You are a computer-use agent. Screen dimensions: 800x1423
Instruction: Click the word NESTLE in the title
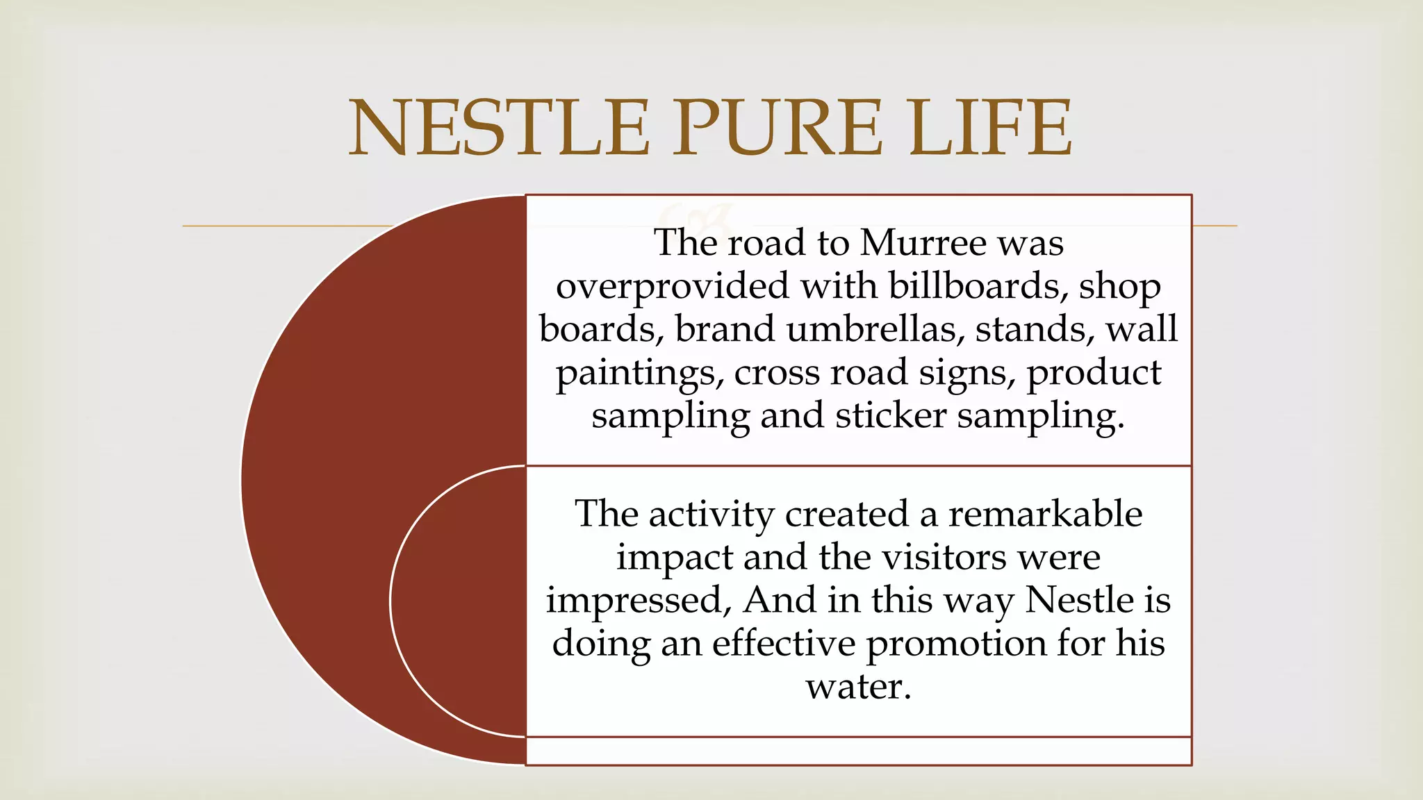point(499,128)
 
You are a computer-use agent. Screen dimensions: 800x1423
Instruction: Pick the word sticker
point(890,416)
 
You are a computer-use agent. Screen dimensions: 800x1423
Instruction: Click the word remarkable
point(1045,515)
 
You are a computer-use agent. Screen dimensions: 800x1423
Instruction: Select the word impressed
point(638,601)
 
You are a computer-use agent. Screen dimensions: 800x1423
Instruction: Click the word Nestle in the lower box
point(1079,600)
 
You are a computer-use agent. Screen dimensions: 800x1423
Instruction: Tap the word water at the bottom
point(857,687)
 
